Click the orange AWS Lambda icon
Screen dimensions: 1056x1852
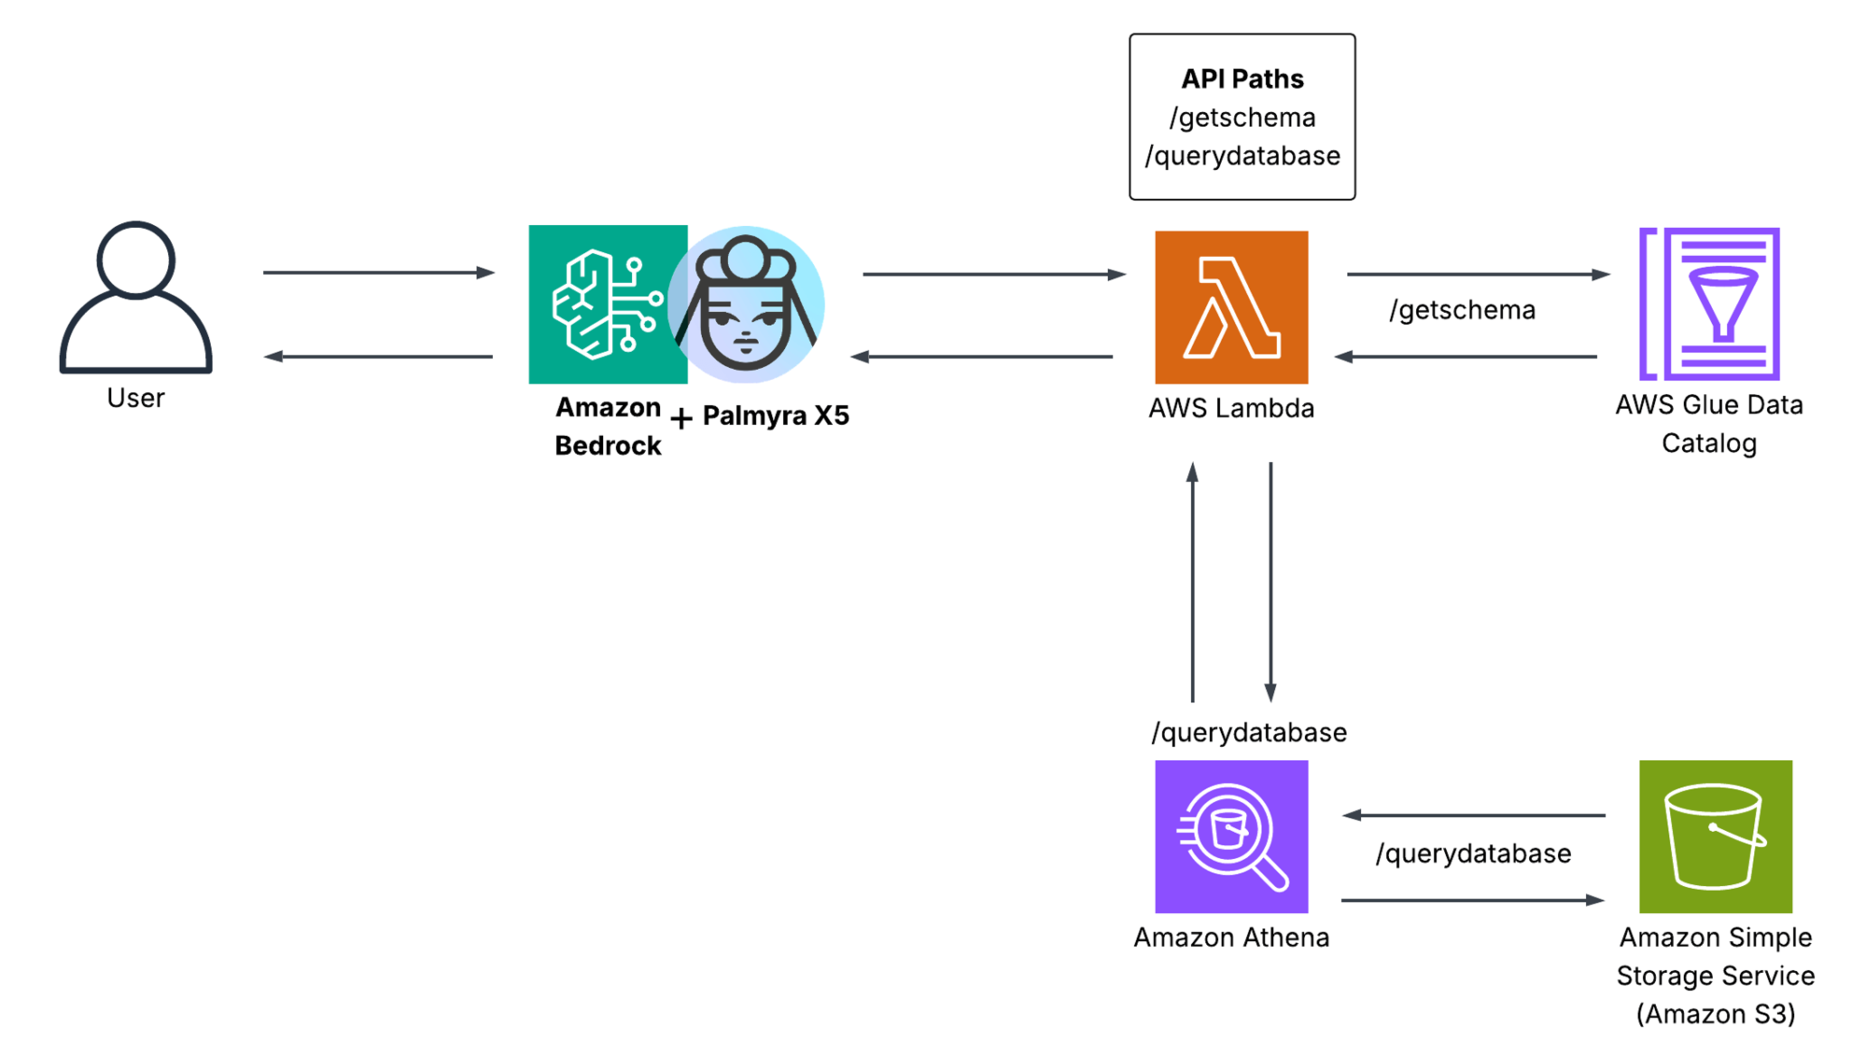click(1231, 306)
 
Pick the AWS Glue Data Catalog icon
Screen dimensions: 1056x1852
click(1708, 304)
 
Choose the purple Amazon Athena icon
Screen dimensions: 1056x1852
click(1231, 836)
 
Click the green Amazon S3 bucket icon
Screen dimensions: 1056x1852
click(1715, 836)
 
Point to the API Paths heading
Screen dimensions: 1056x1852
click(1242, 80)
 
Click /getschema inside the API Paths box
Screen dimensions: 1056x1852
click(1242, 118)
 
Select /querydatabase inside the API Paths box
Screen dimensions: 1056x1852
click(1242, 156)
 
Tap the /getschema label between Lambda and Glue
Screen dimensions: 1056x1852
click(1462, 310)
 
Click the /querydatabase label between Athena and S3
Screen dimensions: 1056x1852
click(1473, 853)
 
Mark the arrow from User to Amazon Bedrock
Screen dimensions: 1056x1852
click(378, 272)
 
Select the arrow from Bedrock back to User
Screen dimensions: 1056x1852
click(378, 356)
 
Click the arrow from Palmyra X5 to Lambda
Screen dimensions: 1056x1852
click(993, 274)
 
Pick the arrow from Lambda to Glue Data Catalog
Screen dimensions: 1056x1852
click(1478, 274)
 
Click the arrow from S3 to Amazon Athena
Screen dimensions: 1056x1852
click(1474, 816)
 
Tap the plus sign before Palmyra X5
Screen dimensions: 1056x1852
click(681, 418)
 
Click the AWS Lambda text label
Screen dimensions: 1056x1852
click(1231, 408)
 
